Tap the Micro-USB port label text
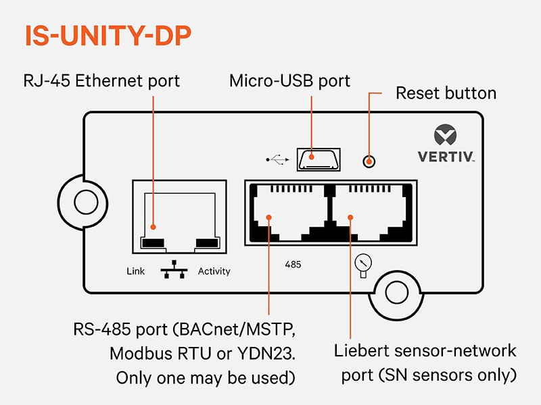pos(289,82)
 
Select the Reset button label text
pos(446,93)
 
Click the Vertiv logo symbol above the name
pos(446,135)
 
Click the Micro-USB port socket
pos(319,159)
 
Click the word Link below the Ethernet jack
pos(136,271)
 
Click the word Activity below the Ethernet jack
pos(214,271)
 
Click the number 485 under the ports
pos(293,265)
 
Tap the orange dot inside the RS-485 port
pos(268,217)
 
